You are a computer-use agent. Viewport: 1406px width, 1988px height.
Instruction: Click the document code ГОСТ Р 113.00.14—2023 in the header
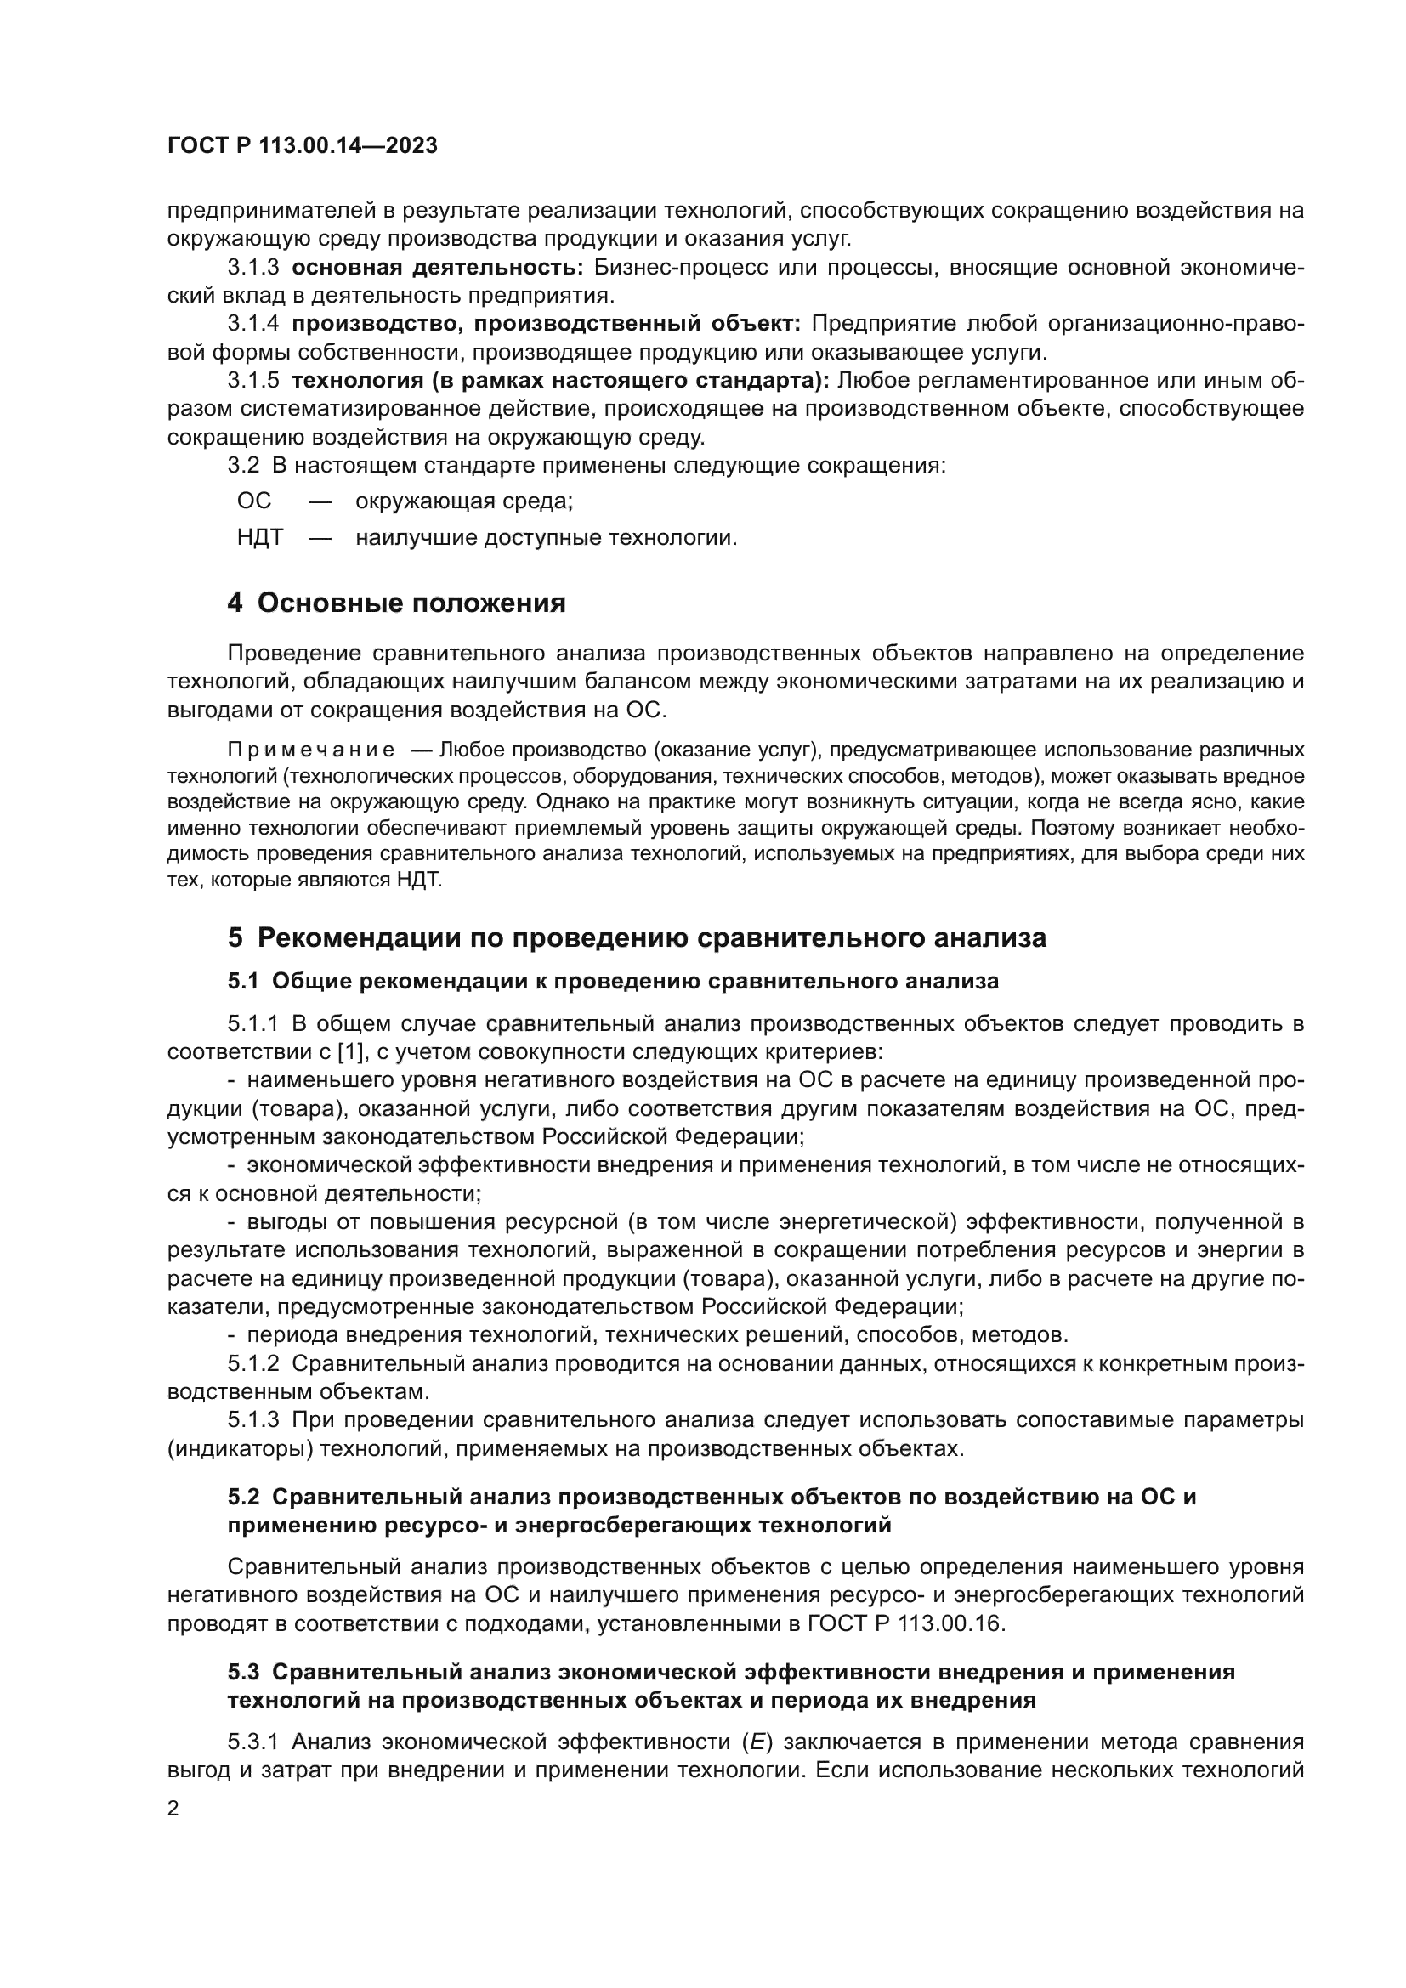tap(302, 146)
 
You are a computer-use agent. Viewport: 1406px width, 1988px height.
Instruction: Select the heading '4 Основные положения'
tap(396, 603)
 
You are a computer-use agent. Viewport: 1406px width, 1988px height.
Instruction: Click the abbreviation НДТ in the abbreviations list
tap(260, 538)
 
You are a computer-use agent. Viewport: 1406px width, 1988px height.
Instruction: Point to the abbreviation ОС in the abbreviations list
tap(253, 501)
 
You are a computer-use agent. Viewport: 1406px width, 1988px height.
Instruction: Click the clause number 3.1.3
tap(252, 268)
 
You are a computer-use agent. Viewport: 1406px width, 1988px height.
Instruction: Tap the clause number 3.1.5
tap(252, 380)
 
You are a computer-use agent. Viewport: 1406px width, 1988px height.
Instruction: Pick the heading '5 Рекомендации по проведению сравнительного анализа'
tap(637, 937)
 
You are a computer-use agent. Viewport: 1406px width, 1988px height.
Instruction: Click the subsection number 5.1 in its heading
tap(243, 981)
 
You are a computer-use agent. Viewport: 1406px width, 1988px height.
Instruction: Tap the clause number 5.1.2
tap(252, 1363)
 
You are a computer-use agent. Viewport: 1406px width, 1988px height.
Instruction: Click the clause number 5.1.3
tap(252, 1420)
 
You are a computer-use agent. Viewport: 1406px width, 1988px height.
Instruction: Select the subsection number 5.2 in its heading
tap(243, 1497)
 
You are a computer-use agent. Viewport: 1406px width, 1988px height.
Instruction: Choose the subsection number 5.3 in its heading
tap(243, 1672)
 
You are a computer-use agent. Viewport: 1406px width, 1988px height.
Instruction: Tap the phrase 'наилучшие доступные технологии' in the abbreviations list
tap(546, 538)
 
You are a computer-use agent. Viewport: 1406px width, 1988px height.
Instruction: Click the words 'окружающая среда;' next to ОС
tap(464, 501)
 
